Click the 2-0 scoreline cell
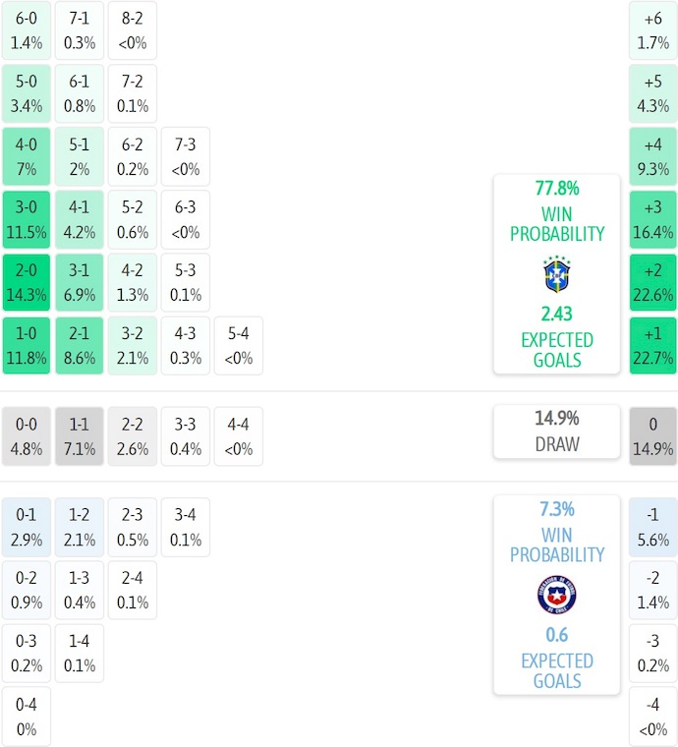pos(26,282)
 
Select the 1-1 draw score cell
pos(79,436)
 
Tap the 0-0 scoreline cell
pos(26,436)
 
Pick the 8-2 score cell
pos(132,29)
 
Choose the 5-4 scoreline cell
pos(238,345)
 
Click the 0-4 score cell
pos(26,717)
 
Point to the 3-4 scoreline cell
pos(185,527)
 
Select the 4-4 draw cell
pos(238,436)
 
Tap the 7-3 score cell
pos(185,156)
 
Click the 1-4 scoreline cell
pos(79,654)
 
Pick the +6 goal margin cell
pos(652,29)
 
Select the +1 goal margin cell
pos(652,345)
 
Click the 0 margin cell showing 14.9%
pos(652,436)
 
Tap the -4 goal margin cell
pos(652,717)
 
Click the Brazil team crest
pos(557,275)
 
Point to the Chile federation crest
pos(557,596)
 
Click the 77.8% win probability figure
pos(557,189)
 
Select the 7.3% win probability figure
pos(557,509)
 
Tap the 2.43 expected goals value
pos(557,314)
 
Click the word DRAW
pos(557,444)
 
